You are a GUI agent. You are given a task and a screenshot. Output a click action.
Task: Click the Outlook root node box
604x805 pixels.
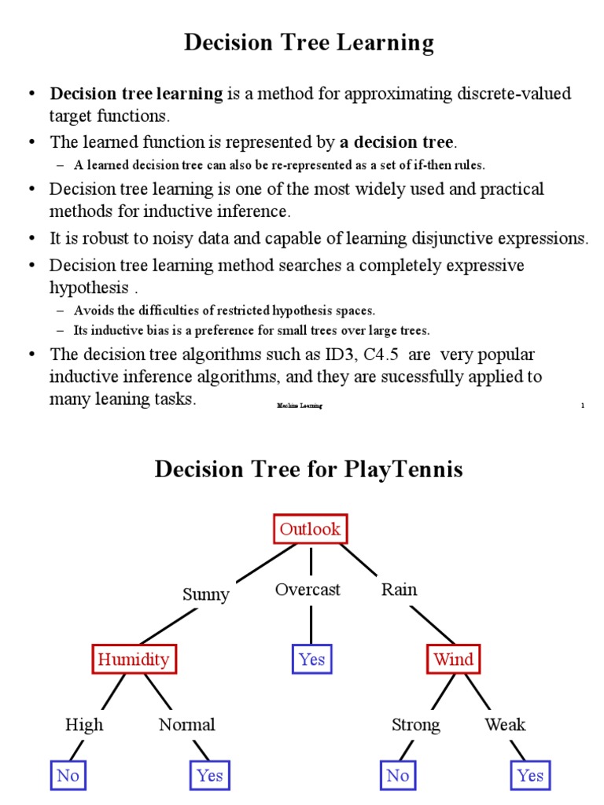311,529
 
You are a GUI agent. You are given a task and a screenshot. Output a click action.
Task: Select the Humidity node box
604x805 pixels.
132,659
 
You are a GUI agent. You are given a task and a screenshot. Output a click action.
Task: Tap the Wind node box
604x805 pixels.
454,659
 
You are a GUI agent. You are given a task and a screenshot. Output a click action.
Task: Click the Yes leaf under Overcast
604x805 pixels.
311,659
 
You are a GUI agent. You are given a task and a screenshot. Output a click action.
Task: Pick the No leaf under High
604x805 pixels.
68,775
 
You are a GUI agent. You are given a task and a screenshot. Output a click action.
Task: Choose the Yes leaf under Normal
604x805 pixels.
210,775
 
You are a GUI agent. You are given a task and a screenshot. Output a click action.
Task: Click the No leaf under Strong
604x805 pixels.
397,775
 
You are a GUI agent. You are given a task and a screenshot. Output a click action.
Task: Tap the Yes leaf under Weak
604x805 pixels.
530,775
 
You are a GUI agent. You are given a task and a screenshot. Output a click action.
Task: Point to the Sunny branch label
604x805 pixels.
205,594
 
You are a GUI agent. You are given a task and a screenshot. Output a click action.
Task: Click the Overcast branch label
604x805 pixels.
308,590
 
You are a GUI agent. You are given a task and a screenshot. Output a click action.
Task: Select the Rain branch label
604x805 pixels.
399,590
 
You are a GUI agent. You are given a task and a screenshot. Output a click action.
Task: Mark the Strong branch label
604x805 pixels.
415,725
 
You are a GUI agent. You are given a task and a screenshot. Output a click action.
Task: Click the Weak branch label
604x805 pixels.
505,725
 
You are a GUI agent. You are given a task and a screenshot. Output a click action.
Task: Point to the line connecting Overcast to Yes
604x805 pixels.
311,624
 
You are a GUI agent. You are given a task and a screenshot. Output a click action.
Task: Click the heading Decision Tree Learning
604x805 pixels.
308,43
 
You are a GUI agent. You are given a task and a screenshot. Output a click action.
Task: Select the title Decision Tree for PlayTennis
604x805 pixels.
308,469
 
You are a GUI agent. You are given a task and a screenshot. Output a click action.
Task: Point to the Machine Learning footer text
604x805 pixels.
299,405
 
